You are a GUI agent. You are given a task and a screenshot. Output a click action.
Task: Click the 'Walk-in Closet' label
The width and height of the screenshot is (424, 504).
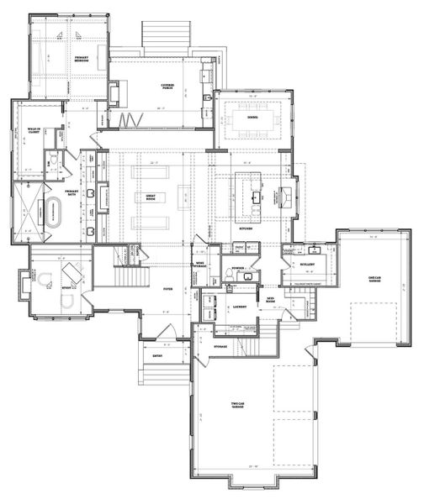point(34,131)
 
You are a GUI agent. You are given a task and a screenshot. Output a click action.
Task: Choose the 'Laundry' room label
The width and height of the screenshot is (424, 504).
point(238,307)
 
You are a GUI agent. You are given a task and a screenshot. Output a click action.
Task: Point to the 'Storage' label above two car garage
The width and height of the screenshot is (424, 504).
point(220,346)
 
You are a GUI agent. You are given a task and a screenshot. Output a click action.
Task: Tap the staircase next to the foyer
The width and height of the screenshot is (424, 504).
point(127,276)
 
